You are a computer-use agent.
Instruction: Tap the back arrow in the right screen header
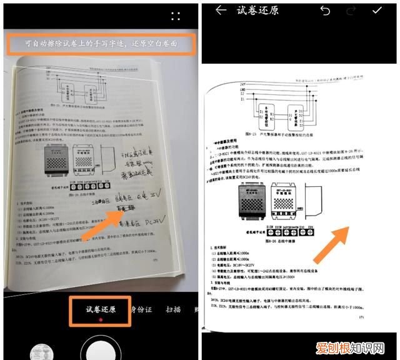point(220,10)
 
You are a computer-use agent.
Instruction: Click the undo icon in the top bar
point(325,10)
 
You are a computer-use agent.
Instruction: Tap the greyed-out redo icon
point(351,10)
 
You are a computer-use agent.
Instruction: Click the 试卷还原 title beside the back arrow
point(257,10)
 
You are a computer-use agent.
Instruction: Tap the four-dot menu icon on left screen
point(176,16)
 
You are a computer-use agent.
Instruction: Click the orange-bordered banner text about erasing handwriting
point(101,44)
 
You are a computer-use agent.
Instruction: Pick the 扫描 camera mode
point(173,309)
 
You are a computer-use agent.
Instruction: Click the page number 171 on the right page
point(362,317)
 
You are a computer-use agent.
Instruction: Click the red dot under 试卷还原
point(100,319)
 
